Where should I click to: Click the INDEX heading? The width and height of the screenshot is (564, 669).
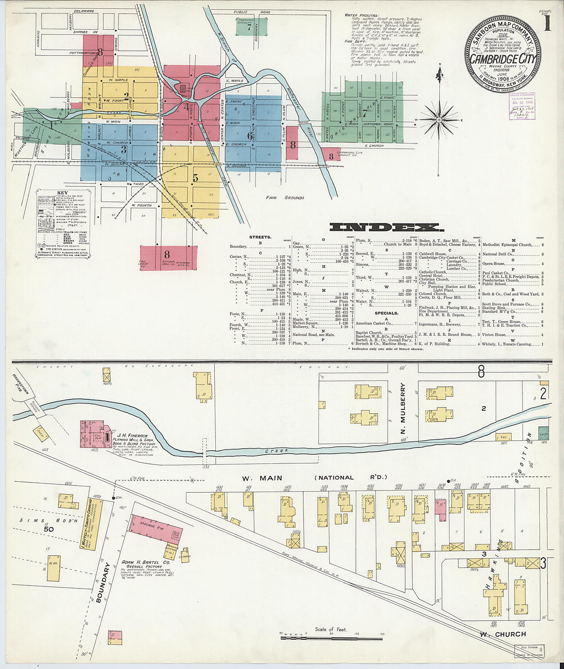pyautogui.click(x=384, y=228)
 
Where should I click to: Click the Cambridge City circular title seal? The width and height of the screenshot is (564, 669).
pyautogui.click(x=502, y=54)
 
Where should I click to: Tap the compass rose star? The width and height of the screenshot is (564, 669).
pyautogui.click(x=439, y=119)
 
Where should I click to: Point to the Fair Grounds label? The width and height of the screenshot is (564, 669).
pyautogui.click(x=285, y=197)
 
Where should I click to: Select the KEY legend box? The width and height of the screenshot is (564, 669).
pyautogui.click(x=63, y=226)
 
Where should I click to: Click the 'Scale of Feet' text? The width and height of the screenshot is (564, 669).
pyautogui.click(x=331, y=629)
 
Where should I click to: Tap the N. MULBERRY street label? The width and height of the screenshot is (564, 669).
pyautogui.click(x=403, y=406)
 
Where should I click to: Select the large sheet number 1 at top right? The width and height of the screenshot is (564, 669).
pyautogui.click(x=547, y=24)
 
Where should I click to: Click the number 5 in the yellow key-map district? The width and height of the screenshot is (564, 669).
pyautogui.click(x=195, y=178)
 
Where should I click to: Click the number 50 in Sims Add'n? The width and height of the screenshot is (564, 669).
pyautogui.click(x=49, y=529)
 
